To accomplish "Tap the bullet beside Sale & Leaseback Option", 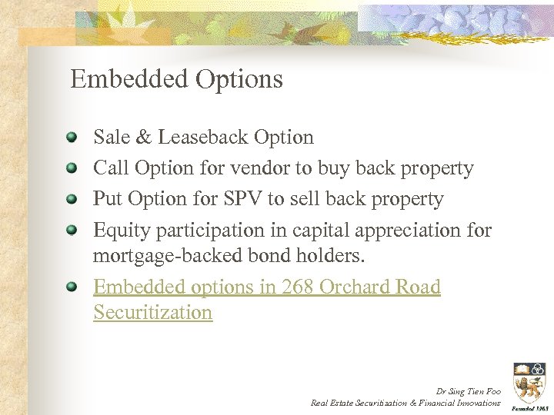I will pos(72,138).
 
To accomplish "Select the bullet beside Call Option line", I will pos(72,168).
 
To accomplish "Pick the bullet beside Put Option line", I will pos(72,199).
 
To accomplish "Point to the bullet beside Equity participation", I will pos(72,230).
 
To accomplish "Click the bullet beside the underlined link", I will pos(72,287).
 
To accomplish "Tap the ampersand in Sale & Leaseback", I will pos(144,138).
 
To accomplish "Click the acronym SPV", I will pos(243,199).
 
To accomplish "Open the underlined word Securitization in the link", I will pos(152,313).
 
